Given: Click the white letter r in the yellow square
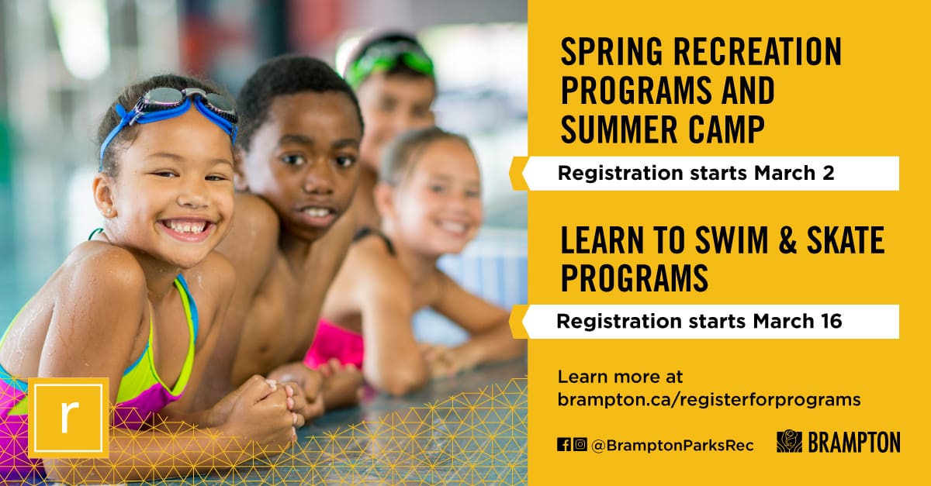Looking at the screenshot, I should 68,417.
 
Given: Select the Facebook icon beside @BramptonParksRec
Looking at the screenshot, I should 564,444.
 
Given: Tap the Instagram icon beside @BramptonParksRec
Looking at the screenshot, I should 580,444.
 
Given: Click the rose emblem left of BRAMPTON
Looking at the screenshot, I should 789,442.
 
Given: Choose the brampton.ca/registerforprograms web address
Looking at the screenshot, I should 709,400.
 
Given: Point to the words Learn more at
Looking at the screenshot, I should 621,377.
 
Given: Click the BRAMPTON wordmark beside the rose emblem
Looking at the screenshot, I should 853,443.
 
